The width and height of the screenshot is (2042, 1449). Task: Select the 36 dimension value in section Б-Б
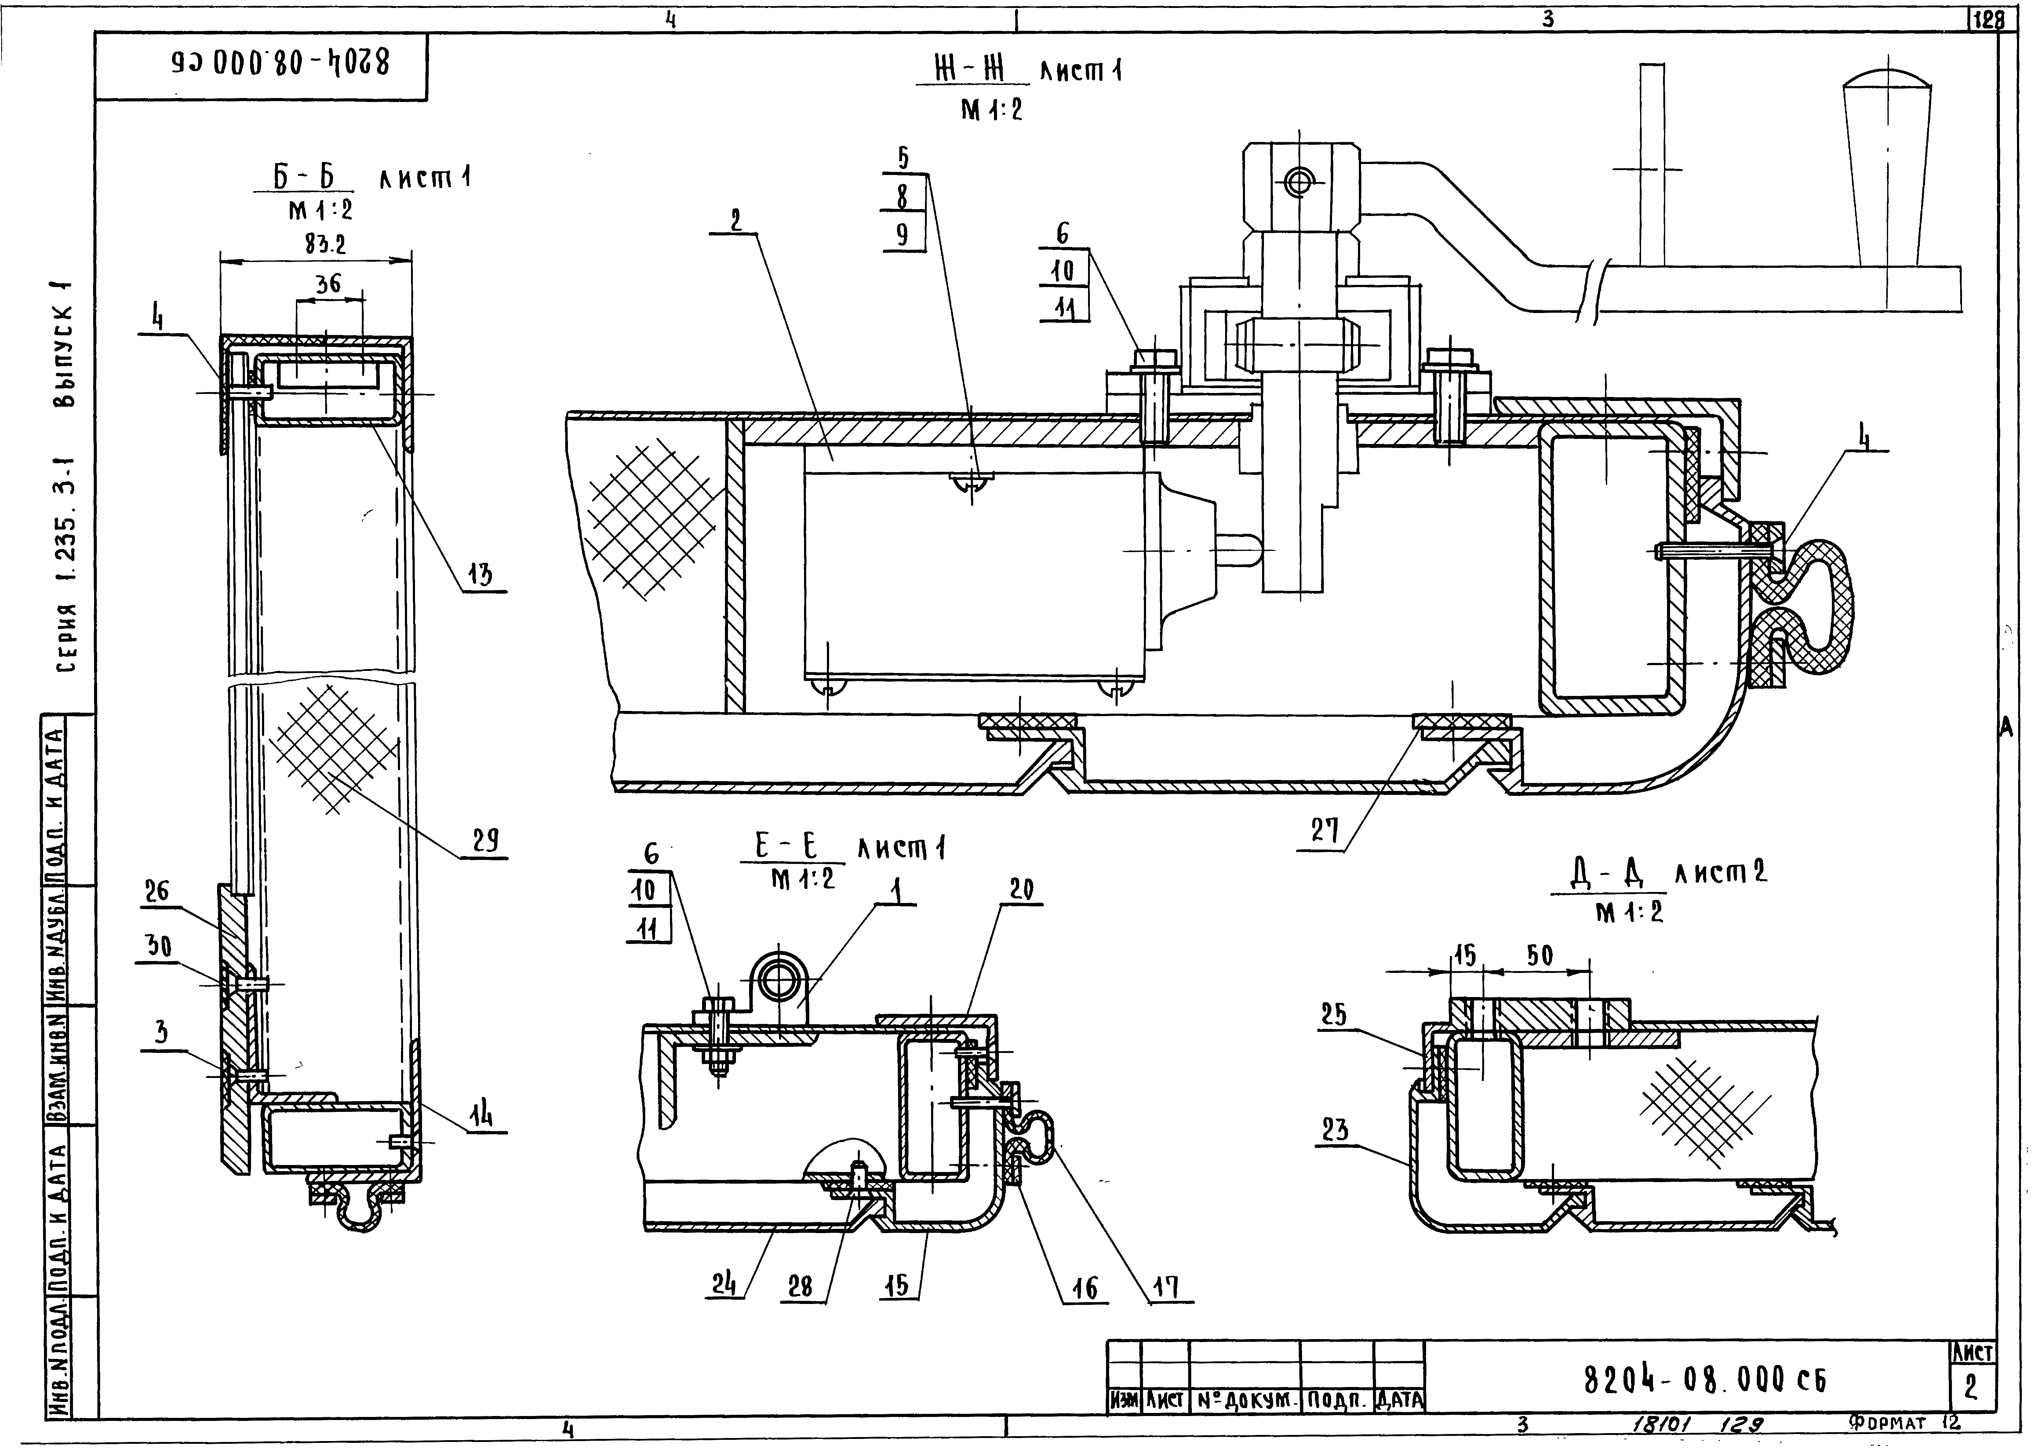[328, 284]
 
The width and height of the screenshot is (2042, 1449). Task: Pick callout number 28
[801, 1286]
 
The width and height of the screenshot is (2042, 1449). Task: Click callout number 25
[1334, 1014]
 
